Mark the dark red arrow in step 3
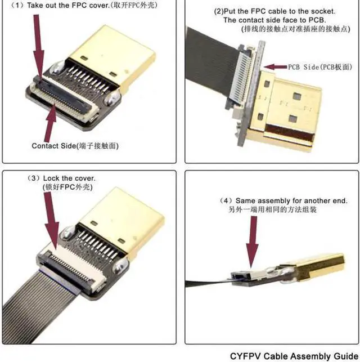[49, 220]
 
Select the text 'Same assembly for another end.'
[298, 200]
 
